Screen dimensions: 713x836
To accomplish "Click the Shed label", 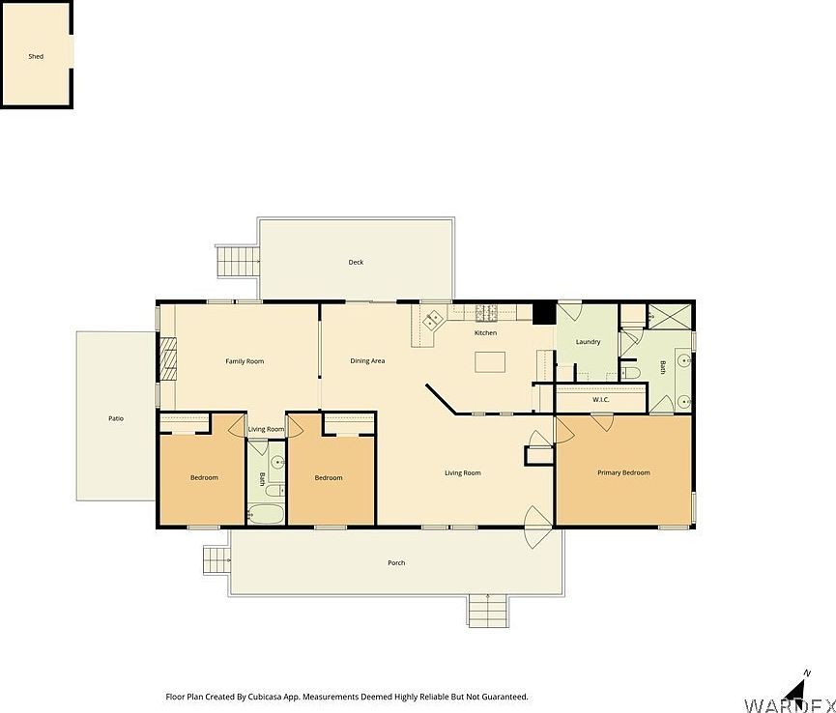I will click(x=36, y=57).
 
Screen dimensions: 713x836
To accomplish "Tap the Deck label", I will click(x=356, y=262).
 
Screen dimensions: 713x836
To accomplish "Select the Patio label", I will click(x=116, y=418).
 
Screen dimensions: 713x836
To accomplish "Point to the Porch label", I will click(x=396, y=562).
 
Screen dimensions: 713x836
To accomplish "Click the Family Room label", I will click(x=245, y=361).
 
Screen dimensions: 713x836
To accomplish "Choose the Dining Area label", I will click(x=367, y=361).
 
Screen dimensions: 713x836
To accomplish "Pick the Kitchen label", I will click(x=485, y=333).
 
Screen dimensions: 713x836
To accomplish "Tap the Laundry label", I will click(x=588, y=342).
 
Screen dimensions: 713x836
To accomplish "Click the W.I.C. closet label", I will click(x=599, y=399).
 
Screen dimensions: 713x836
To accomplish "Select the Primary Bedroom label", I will click(x=623, y=472).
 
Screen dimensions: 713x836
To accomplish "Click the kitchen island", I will click(x=490, y=361).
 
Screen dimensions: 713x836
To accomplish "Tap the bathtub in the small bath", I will click(x=265, y=512).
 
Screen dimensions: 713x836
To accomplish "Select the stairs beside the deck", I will click(x=239, y=260).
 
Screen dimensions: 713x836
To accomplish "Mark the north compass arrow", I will click(x=796, y=687).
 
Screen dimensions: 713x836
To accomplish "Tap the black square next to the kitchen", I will click(x=543, y=313).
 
